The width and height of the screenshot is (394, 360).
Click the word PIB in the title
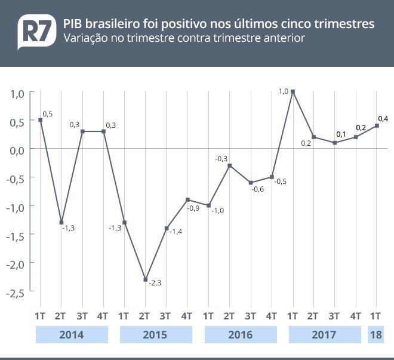[73, 24]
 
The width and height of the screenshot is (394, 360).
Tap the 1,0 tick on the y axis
[17, 93]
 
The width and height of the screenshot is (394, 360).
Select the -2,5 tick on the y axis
[16, 293]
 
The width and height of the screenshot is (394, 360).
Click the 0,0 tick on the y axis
[17, 149]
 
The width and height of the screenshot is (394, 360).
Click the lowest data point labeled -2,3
[145, 279]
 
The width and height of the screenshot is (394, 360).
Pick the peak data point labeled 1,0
[293, 92]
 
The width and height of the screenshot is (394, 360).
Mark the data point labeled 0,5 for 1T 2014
[40, 120]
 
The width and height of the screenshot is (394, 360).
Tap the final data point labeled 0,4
[377, 125]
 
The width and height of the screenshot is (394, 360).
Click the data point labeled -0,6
[251, 183]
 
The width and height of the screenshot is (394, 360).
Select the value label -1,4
[176, 232]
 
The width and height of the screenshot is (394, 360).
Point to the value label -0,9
[193, 208]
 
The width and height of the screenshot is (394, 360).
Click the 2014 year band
[72, 335]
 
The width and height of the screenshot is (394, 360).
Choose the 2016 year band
[241, 335]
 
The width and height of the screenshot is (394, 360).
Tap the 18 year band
[376, 335]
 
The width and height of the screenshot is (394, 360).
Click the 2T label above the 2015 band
[144, 315]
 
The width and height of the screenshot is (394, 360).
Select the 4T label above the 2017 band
[355, 315]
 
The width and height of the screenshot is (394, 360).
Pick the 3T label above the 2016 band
[250, 315]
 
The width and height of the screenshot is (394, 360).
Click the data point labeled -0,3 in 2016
[229, 165]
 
